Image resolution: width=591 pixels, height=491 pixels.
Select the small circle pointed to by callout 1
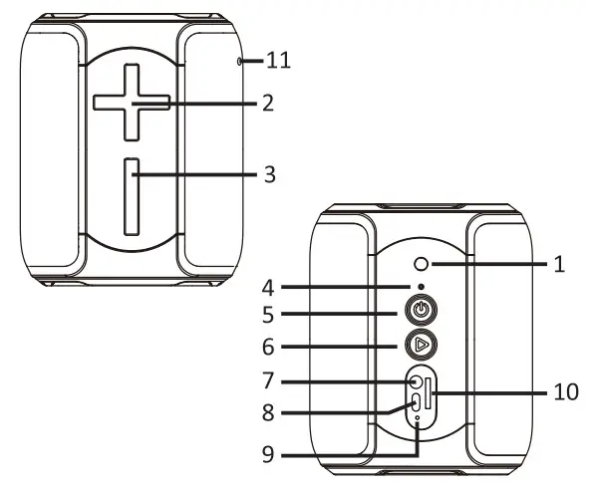point(422,264)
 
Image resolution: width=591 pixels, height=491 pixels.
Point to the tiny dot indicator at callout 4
point(422,287)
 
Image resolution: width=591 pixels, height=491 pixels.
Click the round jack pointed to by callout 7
point(414,381)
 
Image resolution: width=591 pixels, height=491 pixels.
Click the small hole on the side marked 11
point(241,62)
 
